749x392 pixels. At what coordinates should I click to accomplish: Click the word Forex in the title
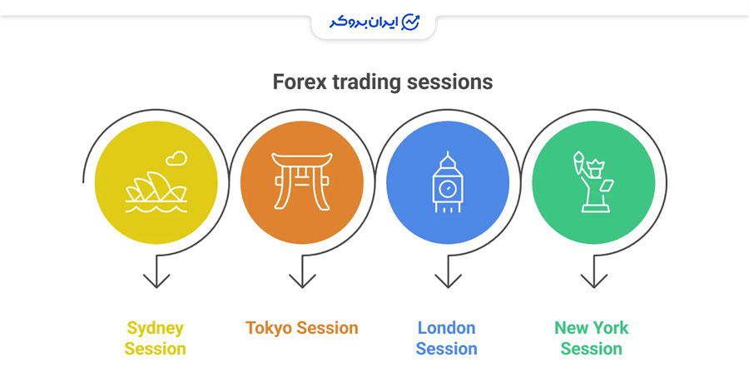click(300, 82)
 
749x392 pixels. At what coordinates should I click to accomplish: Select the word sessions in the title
click(449, 82)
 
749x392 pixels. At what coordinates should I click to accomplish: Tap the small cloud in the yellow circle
click(176, 158)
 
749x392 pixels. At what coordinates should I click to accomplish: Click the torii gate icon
click(302, 181)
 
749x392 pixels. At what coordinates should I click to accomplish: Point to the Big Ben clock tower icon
click(448, 182)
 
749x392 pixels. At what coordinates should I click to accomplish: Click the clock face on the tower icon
click(448, 189)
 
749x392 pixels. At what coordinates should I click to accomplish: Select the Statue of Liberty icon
click(593, 182)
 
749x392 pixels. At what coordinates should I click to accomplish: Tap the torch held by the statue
click(579, 163)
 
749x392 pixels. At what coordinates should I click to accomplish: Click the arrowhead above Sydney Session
click(156, 280)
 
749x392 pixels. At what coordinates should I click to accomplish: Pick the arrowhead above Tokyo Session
click(302, 280)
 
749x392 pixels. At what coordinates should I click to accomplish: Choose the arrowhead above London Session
click(448, 280)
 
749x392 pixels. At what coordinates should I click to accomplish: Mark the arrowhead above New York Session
click(593, 280)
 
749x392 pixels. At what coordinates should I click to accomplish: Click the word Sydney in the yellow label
click(156, 329)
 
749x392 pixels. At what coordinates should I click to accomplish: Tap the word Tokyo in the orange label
click(269, 329)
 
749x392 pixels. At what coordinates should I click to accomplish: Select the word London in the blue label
click(447, 328)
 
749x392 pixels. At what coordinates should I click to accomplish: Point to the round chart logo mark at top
click(411, 22)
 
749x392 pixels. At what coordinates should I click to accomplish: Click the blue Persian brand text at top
click(364, 22)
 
